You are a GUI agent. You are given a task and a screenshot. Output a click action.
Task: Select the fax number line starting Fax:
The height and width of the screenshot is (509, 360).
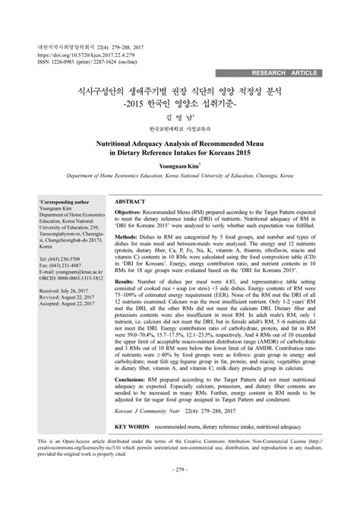point(62,266)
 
